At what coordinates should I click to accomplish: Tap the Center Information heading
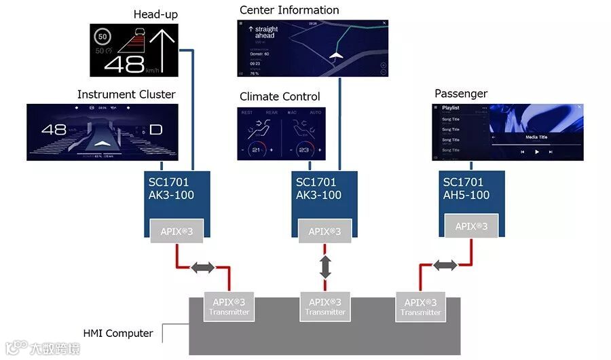click(x=289, y=10)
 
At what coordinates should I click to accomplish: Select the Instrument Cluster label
click(x=126, y=94)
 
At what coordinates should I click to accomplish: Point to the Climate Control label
click(x=280, y=96)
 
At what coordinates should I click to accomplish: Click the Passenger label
click(x=461, y=94)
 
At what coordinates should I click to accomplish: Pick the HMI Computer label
click(x=118, y=334)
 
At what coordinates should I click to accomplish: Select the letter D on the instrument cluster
click(x=155, y=129)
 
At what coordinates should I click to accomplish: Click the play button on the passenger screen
click(x=537, y=152)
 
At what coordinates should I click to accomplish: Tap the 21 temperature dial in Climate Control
click(x=257, y=149)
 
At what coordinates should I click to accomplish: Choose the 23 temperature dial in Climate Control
click(x=303, y=149)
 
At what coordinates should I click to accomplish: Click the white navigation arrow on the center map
click(x=335, y=56)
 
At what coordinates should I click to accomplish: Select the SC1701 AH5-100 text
click(x=464, y=189)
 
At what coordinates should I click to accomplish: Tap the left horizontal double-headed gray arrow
click(x=202, y=268)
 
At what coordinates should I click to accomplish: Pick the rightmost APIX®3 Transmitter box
click(x=420, y=307)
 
